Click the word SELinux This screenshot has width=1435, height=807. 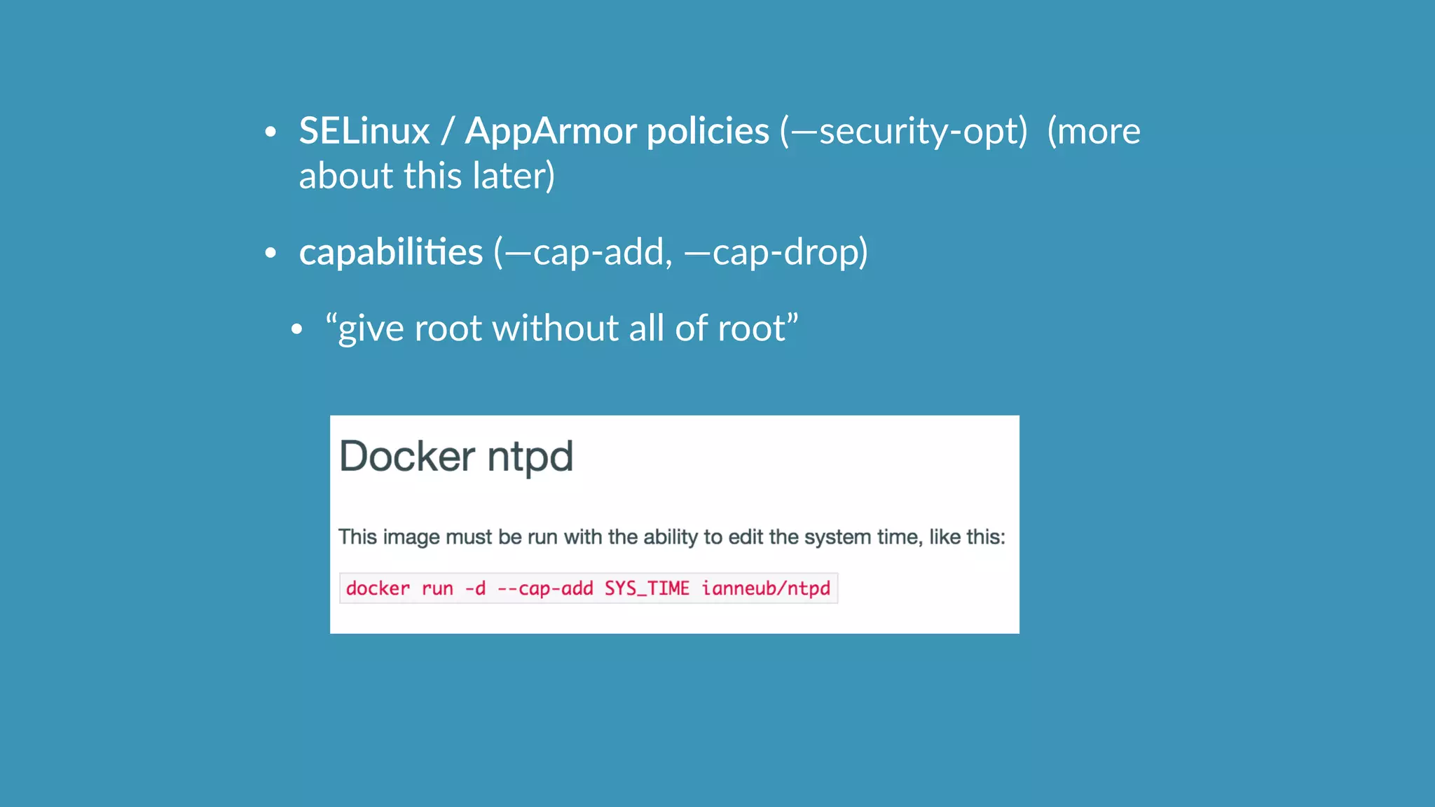point(364,131)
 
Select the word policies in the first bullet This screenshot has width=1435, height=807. point(708,131)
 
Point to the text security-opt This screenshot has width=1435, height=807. point(922,131)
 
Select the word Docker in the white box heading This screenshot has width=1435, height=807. point(407,457)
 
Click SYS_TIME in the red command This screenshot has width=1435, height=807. point(647,588)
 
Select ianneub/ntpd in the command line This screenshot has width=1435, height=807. point(766,588)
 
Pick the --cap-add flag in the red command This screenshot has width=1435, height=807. point(545,588)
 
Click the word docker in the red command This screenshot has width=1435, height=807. point(378,588)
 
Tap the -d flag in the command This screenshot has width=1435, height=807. point(475,588)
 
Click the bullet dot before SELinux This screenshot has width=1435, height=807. point(270,132)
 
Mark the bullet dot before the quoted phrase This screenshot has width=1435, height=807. point(296,329)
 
